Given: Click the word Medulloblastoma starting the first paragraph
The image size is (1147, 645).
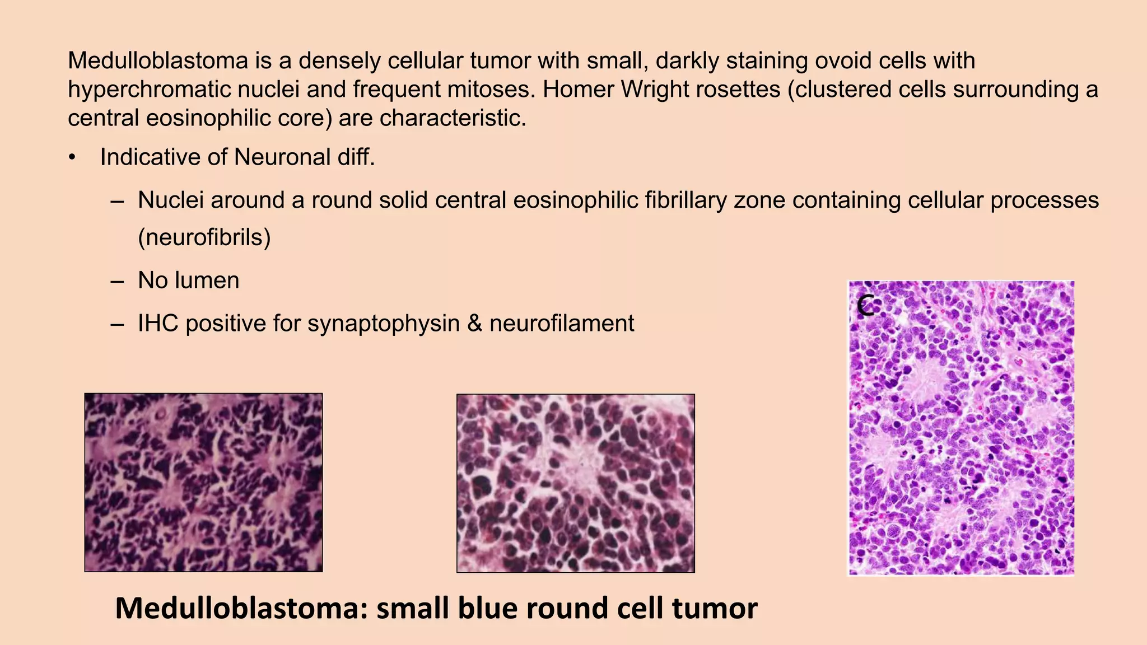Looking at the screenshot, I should point(158,60).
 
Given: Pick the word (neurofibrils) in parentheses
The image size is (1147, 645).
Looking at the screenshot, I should point(204,237).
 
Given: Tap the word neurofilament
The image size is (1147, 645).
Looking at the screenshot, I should point(561,324).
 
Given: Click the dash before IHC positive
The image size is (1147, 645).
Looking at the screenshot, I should point(117,324).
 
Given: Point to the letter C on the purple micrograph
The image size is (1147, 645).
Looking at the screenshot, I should point(865,306).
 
